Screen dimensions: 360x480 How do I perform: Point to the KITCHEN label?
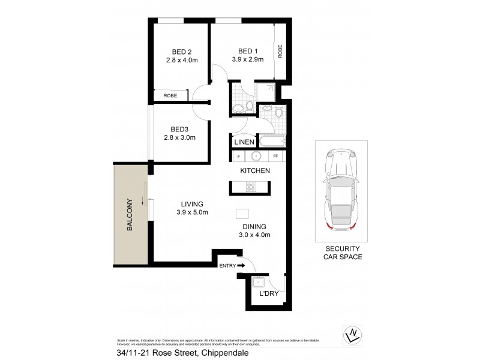[x=255, y=171]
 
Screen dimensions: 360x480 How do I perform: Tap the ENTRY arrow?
[x=242, y=265]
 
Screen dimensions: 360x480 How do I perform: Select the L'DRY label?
[x=268, y=294]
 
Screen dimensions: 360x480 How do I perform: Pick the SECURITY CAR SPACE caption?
[x=342, y=253]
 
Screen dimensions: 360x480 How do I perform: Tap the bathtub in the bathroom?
[x=272, y=142]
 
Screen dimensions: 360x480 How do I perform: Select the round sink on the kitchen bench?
[x=256, y=157]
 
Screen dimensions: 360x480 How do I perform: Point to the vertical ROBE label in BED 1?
[x=280, y=52]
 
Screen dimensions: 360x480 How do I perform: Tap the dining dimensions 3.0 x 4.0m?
[x=255, y=235]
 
